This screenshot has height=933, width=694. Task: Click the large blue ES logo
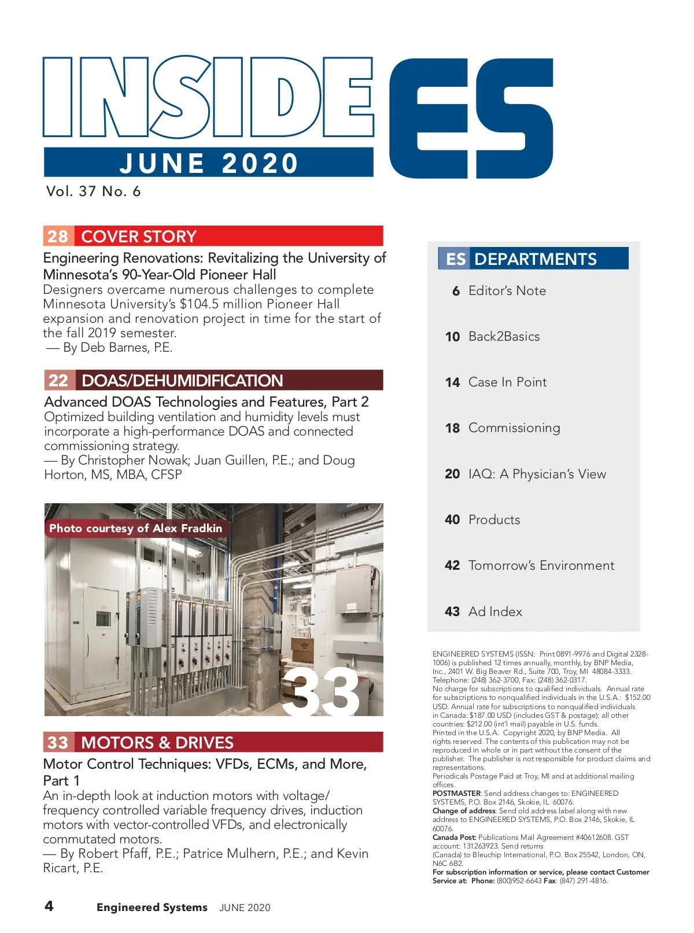[471, 119]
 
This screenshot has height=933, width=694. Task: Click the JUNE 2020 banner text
[209, 163]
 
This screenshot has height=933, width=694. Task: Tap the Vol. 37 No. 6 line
[93, 191]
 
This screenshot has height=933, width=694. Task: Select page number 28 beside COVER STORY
[58, 236]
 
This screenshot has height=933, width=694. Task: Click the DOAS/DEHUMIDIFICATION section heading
[182, 381]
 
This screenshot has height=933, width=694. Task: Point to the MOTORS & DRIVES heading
[157, 742]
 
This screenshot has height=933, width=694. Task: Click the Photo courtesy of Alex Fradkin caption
[135, 528]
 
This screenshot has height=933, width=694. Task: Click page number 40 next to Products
[452, 519]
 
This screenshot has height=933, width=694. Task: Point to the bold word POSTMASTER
[456, 793]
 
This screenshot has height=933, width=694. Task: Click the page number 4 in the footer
[49, 906]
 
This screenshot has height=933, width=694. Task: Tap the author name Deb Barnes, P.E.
[126, 348]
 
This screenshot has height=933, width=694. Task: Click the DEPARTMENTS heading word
[535, 259]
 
